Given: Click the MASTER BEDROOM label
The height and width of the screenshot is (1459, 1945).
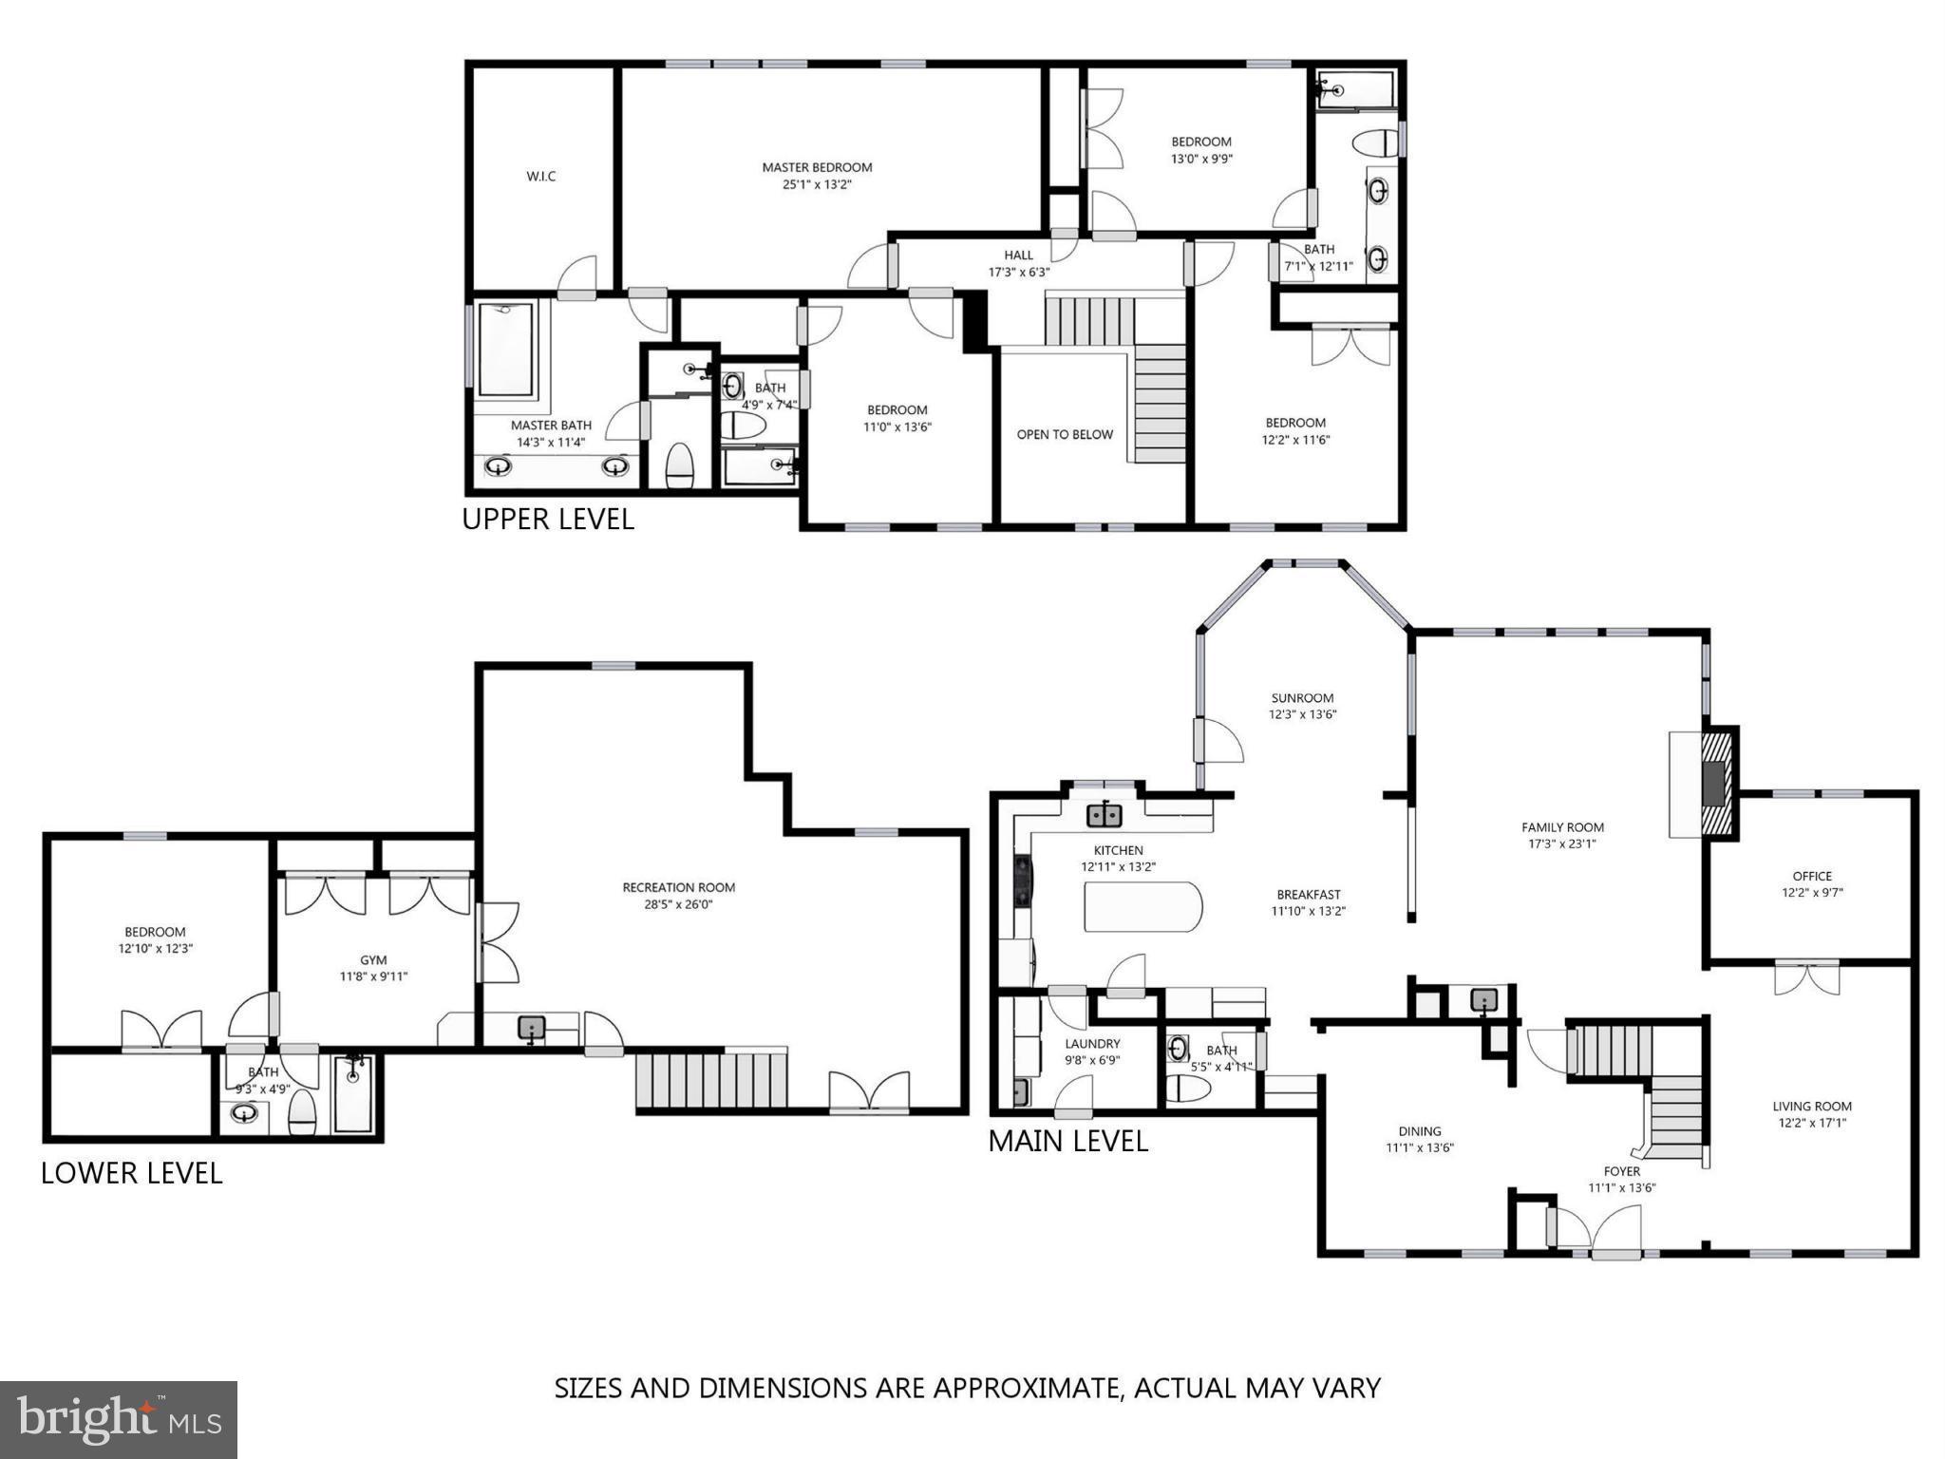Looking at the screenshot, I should pyautogui.click(x=817, y=167).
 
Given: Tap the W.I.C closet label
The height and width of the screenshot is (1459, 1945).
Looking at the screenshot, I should pyautogui.click(x=540, y=176).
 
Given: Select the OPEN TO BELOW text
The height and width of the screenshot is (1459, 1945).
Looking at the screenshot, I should pyautogui.click(x=1064, y=434).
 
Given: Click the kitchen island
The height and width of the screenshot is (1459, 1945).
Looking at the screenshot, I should pyautogui.click(x=1142, y=906).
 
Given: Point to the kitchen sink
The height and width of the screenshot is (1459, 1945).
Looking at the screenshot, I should pyautogui.click(x=1105, y=815).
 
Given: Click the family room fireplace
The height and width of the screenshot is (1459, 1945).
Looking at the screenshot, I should pyautogui.click(x=1717, y=784).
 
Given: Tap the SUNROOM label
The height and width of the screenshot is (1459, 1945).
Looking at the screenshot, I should pyautogui.click(x=1302, y=698).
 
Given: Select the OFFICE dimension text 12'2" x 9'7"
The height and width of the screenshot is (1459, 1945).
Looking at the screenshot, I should pyautogui.click(x=1811, y=893).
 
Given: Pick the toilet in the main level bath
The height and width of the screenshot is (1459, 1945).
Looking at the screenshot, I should pyautogui.click(x=1187, y=1089).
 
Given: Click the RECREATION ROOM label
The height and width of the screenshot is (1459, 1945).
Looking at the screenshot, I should pyautogui.click(x=678, y=887).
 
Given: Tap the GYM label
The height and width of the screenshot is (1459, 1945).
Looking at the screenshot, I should pyautogui.click(x=373, y=959).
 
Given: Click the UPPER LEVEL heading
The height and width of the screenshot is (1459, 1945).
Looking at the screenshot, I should pyautogui.click(x=547, y=520).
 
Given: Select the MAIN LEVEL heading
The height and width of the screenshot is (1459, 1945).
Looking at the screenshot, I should pyautogui.click(x=1067, y=1141).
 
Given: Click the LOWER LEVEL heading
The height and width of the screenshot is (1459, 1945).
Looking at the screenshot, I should pyautogui.click(x=131, y=1173).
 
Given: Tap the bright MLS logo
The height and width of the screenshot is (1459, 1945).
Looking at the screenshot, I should pyautogui.click(x=119, y=1419).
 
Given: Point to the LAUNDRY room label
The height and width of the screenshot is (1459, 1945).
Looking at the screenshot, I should pyautogui.click(x=1092, y=1043).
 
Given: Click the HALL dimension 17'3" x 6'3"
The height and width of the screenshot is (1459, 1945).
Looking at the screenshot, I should pyautogui.click(x=1018, y=272).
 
